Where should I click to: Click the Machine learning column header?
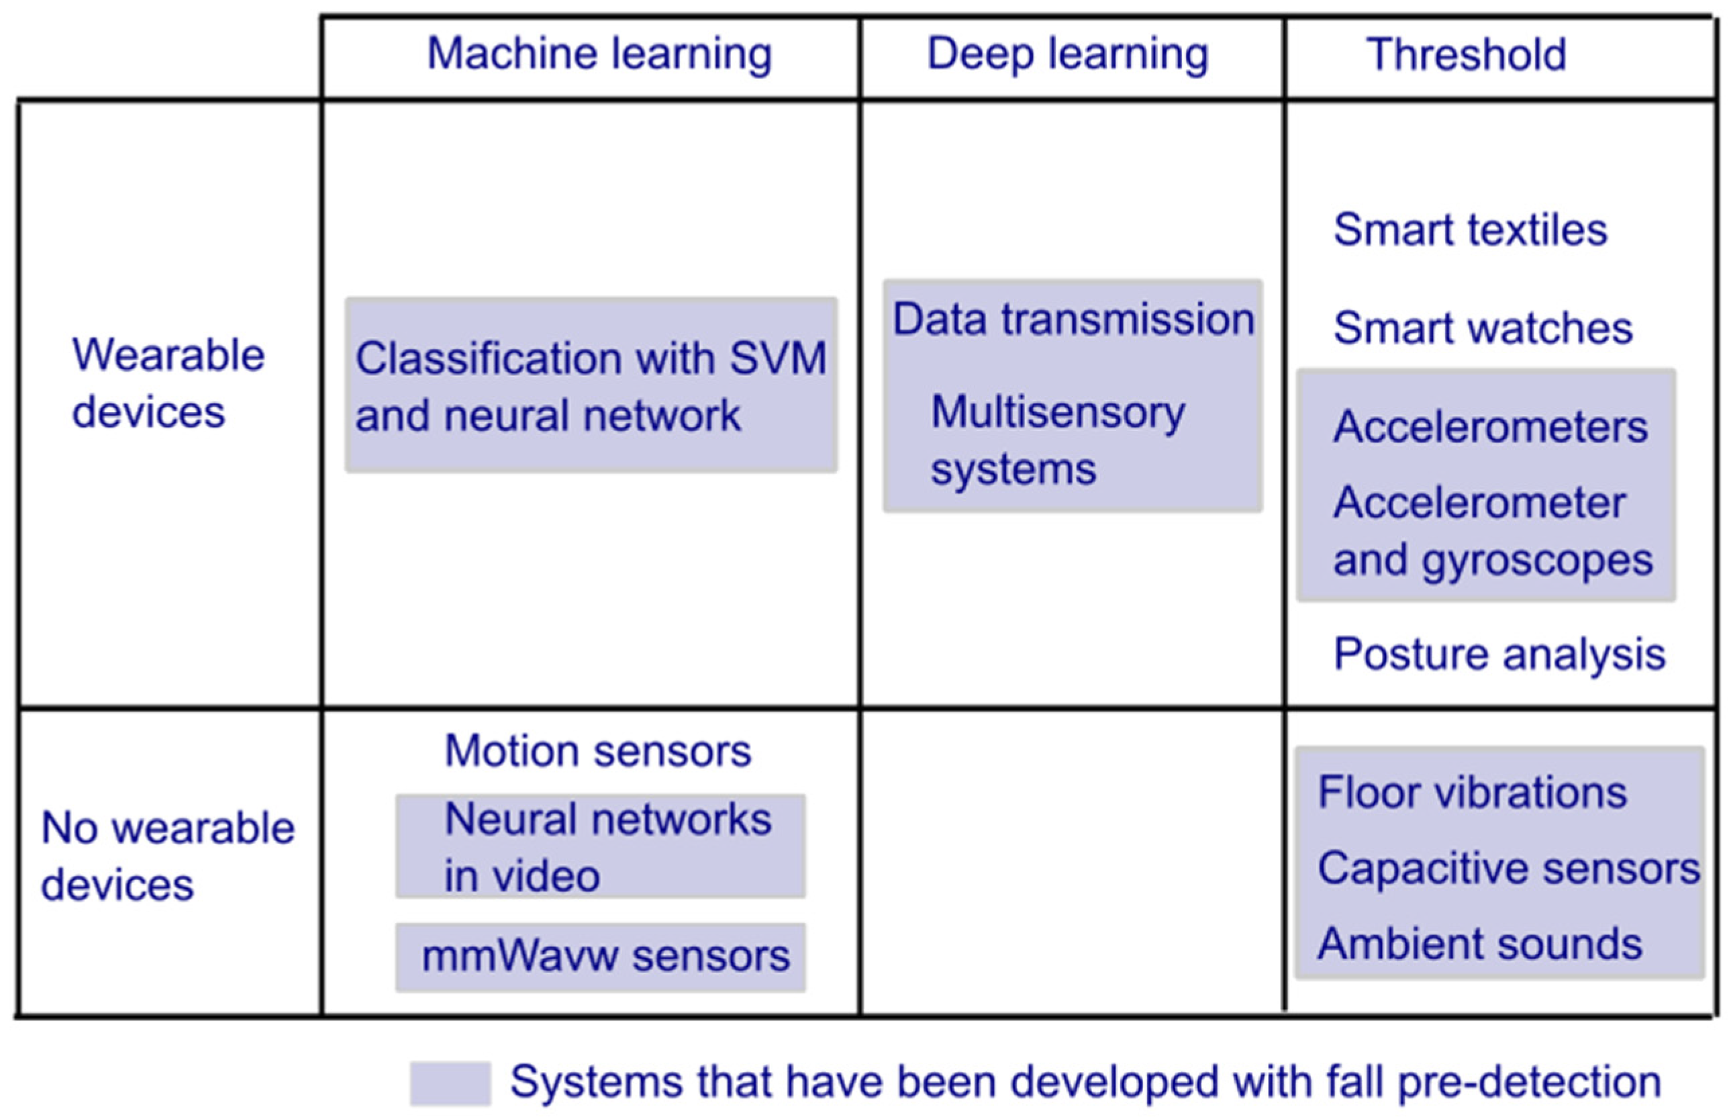click(599, 54)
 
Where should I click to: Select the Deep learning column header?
click(1067, 54)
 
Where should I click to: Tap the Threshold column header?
click(1466, 54)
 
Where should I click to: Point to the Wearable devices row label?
click(168, 384)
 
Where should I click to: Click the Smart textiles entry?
click(1470, 230)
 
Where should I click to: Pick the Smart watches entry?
click(1483, 328)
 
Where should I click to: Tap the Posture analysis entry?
click(1499, 654)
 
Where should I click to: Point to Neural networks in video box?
click(601, 846)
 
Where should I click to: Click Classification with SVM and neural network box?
click(591, 385)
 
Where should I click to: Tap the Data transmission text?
click(1073, 319)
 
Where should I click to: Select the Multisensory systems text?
click(1057, 440)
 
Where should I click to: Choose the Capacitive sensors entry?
click(1508, 868)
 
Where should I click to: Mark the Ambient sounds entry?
click(1479, 944)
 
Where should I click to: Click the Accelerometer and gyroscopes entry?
click(1492, 531)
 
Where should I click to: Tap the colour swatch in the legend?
click(450, 1083)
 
